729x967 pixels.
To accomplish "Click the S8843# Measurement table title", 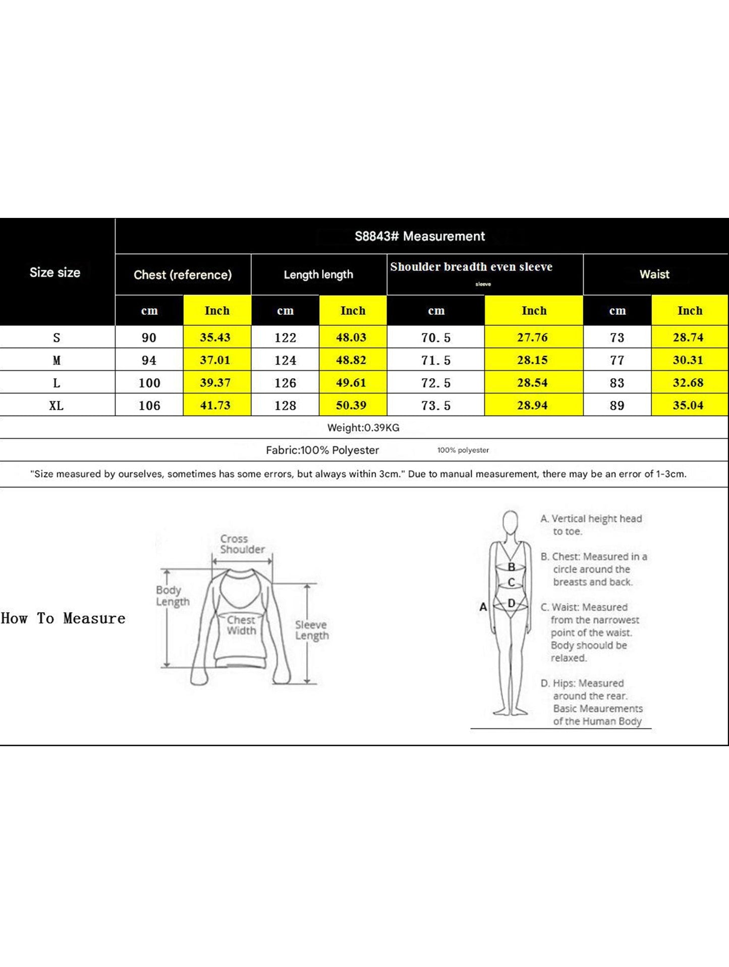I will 420,236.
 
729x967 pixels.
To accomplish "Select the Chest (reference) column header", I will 183,274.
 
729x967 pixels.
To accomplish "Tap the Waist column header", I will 654,274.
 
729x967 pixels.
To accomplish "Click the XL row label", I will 57,406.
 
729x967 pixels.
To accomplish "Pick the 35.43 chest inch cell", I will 215,337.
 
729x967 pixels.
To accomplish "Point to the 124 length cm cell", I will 286,360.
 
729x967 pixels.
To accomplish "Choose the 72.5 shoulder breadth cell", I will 436,383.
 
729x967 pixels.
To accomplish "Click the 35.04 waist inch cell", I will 688,406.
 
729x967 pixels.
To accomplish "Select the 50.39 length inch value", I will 352,406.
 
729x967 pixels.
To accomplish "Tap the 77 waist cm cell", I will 617,360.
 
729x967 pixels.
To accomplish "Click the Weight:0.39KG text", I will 363,428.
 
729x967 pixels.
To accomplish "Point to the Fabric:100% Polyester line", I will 322,450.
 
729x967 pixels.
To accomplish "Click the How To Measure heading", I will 63,618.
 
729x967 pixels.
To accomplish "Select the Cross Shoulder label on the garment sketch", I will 242,544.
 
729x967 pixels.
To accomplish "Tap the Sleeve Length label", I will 311,630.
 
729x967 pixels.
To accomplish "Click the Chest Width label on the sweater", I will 241,625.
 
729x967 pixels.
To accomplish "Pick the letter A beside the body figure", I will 483,607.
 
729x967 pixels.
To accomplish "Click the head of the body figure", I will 511,522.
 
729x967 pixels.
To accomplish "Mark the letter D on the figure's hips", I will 511,603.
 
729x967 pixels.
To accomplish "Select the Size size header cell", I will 55,272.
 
